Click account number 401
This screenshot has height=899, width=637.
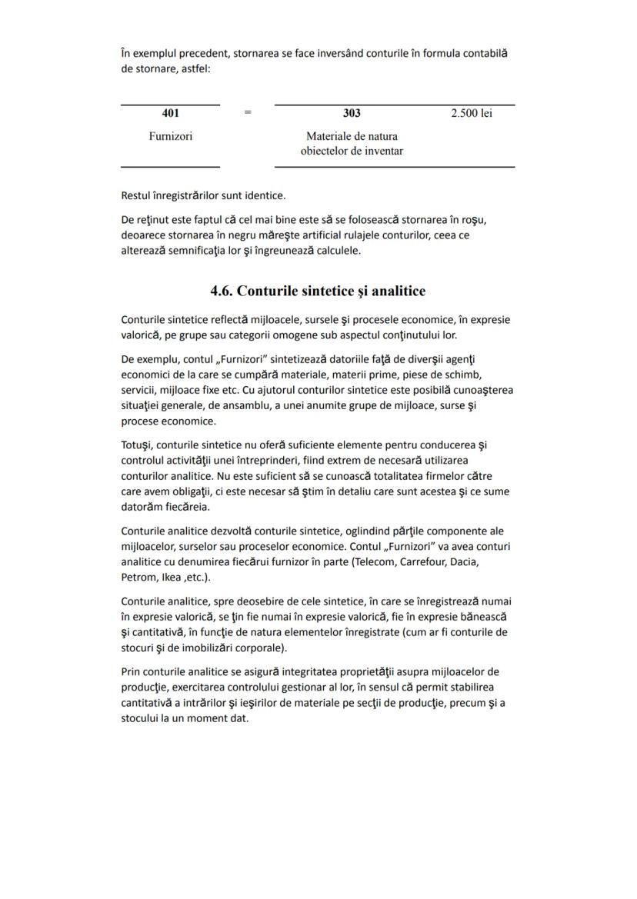click(171, 114)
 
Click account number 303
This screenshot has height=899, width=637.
click(352, 114)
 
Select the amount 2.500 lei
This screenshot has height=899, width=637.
click(472, 114)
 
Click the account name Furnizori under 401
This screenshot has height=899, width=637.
click(171, 136)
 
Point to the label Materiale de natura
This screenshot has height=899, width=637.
click(352, 136)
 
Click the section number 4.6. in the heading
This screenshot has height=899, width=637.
click(222, 291)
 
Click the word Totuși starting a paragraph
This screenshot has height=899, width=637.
click(137, 445)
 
